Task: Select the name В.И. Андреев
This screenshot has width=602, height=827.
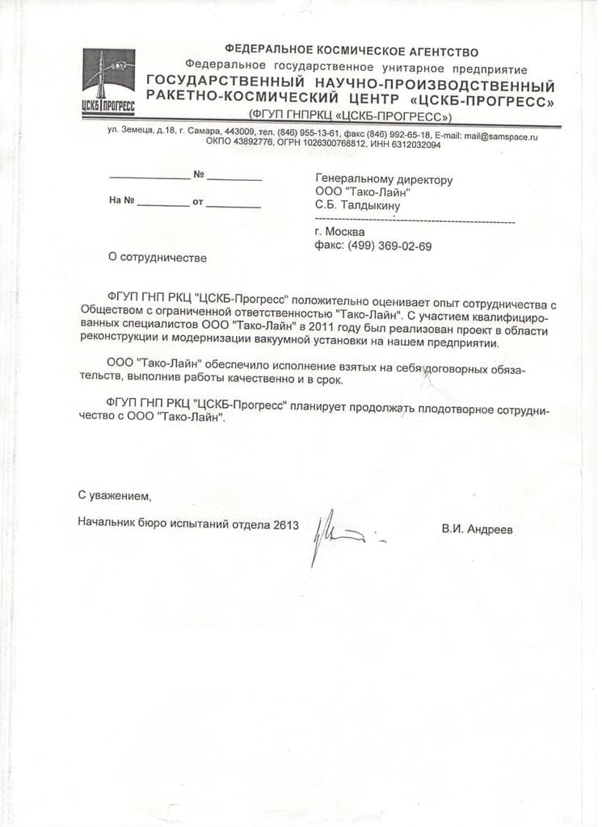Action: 477,530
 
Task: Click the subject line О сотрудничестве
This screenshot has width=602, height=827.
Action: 158,258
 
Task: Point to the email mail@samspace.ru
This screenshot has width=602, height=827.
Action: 501,136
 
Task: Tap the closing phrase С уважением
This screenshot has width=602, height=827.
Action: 115,494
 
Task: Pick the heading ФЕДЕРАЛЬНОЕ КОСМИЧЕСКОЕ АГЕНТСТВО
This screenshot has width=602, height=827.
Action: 352,52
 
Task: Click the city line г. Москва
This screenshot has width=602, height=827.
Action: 340,233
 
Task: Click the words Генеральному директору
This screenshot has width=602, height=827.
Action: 384,180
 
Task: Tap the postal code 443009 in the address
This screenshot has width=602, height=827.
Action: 240,135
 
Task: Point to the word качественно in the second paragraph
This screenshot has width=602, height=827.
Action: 292,379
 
